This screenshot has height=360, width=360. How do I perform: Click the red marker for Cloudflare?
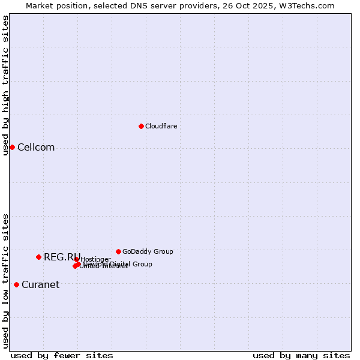pyautogui.click(x=141, y=126)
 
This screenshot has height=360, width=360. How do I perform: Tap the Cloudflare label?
pyautogui.click(x=161, y=126)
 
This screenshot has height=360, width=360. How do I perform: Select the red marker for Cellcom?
pyautogui.click(x=12, y=147)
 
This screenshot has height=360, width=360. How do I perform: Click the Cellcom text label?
pyautogui.click(x=36, y=148)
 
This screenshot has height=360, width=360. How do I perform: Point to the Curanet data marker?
pyautogui.click(x=16, y=284)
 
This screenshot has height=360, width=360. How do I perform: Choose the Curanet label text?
pyautogui.click(x=40, y=285)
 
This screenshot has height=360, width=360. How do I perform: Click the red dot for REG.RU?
pyautogui.click(x=38, y=257)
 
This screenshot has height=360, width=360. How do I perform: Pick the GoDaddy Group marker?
pyautogui.click(x=118, y=251)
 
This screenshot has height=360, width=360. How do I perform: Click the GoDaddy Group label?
pyautogui.click(x=148, y=251)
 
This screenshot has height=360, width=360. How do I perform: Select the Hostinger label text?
pyautogui.click(x=95, y=259)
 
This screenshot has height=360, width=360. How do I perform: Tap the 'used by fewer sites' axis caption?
pyautogui.click(x=62, y=355)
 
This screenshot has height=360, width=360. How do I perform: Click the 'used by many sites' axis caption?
pyautogui.click(x=301, y=355)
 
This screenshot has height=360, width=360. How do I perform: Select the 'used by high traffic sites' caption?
pyautogui.click(x=5, y=86)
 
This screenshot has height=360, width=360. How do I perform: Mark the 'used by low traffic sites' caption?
pyautogui.click(x=5, y=281)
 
